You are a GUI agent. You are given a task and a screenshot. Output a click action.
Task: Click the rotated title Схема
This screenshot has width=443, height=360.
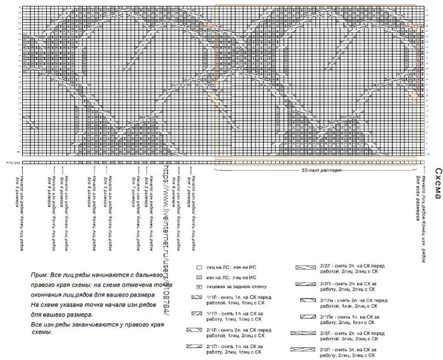tap(437, 183)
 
